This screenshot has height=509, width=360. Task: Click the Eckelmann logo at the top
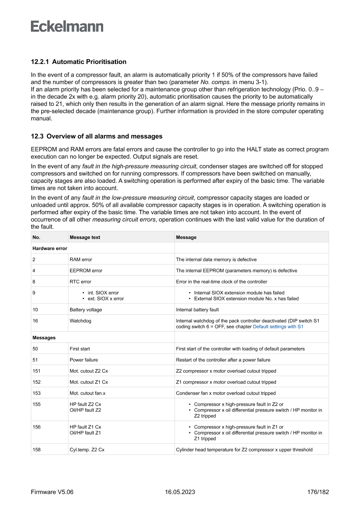[67, 26]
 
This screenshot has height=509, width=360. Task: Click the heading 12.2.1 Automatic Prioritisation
[78, 61]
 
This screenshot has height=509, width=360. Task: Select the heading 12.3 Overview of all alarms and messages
[97, 136]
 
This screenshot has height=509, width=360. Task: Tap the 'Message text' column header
[84, 237]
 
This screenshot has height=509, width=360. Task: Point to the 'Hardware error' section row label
[50, 248]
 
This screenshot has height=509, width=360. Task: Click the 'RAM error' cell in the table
[81, 260]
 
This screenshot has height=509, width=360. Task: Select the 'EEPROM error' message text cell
[86, 270]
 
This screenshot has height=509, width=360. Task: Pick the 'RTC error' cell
[80, 282]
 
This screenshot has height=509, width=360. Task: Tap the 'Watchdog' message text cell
[80, 321]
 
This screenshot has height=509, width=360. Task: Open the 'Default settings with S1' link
[278, 327]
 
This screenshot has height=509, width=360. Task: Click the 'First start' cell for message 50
[80, 349]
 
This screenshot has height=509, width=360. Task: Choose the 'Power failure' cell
[84, 360]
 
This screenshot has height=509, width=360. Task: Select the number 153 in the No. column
[37, 393]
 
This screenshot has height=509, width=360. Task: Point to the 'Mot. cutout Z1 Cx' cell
[88, 382]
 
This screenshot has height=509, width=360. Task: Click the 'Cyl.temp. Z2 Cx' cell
[87, 450]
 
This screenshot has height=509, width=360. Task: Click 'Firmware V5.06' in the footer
[52, 492]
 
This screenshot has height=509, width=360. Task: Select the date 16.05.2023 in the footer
[180, 492]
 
